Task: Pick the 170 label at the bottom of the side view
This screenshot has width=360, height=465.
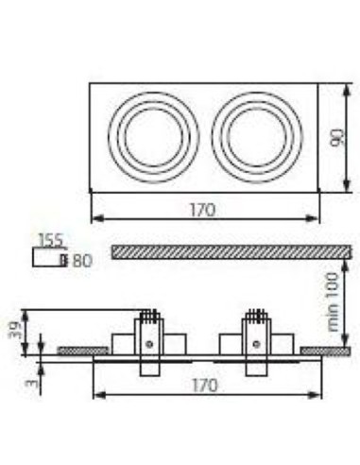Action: click(204, 385)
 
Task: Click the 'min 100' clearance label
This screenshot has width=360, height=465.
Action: click(333, 300)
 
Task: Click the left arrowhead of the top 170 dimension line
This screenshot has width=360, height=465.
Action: click(94, 218)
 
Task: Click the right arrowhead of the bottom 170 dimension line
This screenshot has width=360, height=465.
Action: click(313, 395)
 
